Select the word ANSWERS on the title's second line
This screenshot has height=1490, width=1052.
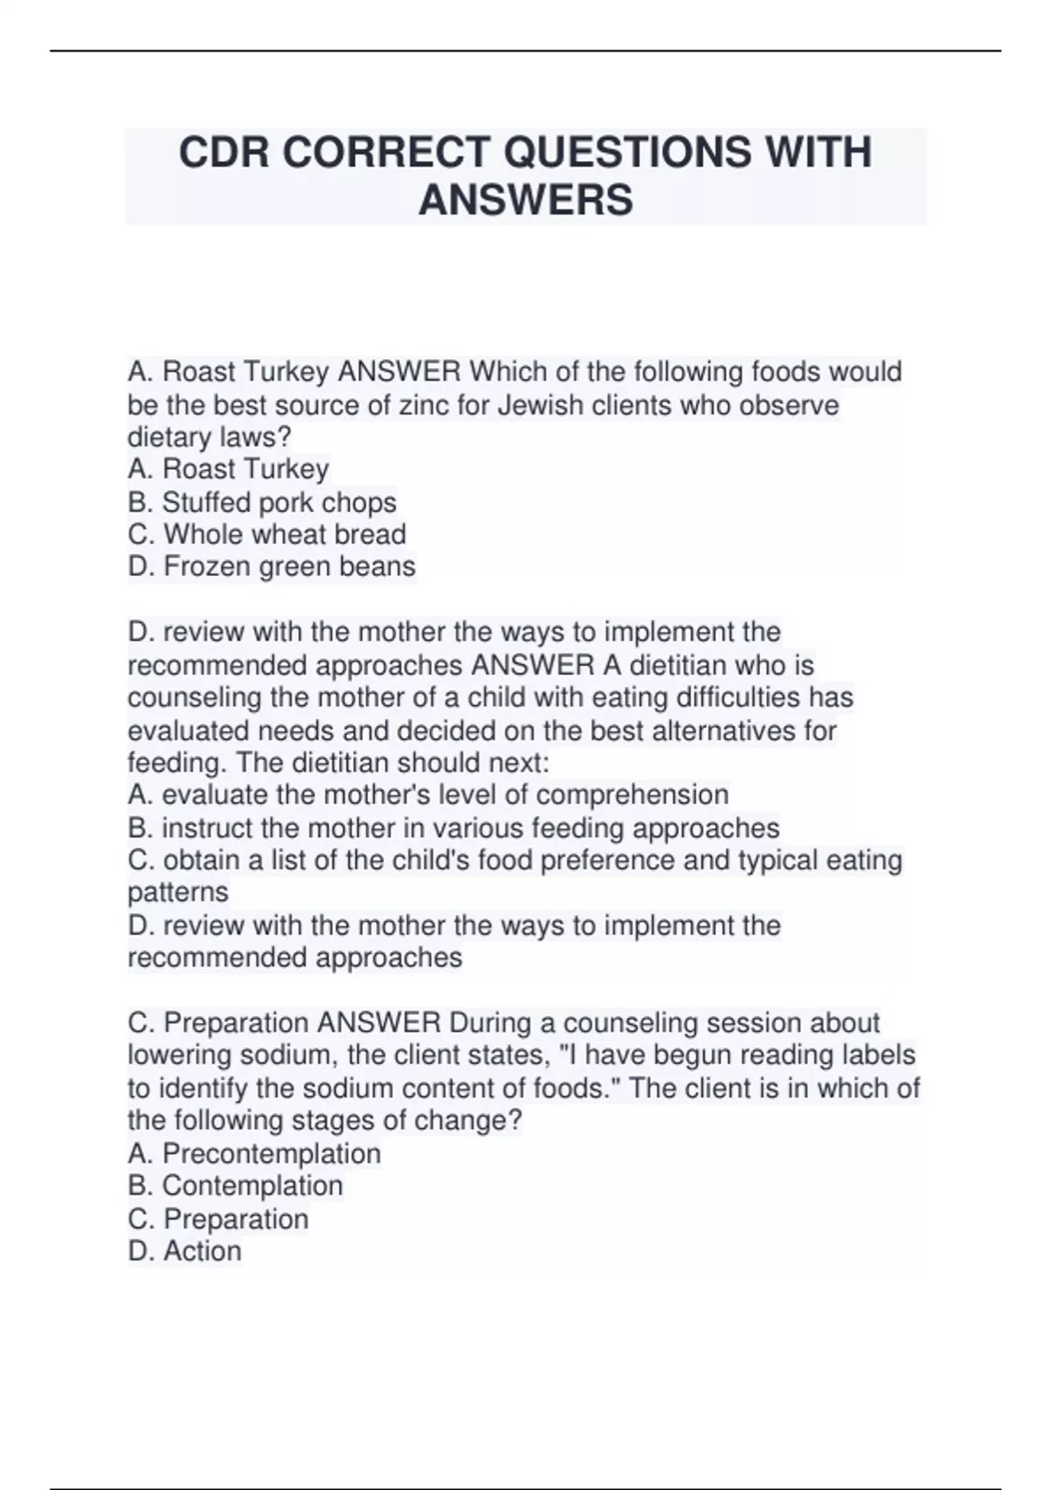[526, 199]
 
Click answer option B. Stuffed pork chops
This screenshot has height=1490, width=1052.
[262, 502]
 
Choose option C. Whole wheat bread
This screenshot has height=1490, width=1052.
[267, 535]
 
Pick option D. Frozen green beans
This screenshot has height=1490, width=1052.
[272, 567]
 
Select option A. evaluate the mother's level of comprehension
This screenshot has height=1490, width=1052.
[428, 795]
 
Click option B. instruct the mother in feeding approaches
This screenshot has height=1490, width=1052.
[453, 828]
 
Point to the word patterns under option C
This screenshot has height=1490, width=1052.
[178, 893]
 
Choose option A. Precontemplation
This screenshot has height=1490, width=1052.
[254, 1153]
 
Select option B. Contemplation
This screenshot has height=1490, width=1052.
[235, 1186]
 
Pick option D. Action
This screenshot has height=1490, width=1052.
[184, 1251]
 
